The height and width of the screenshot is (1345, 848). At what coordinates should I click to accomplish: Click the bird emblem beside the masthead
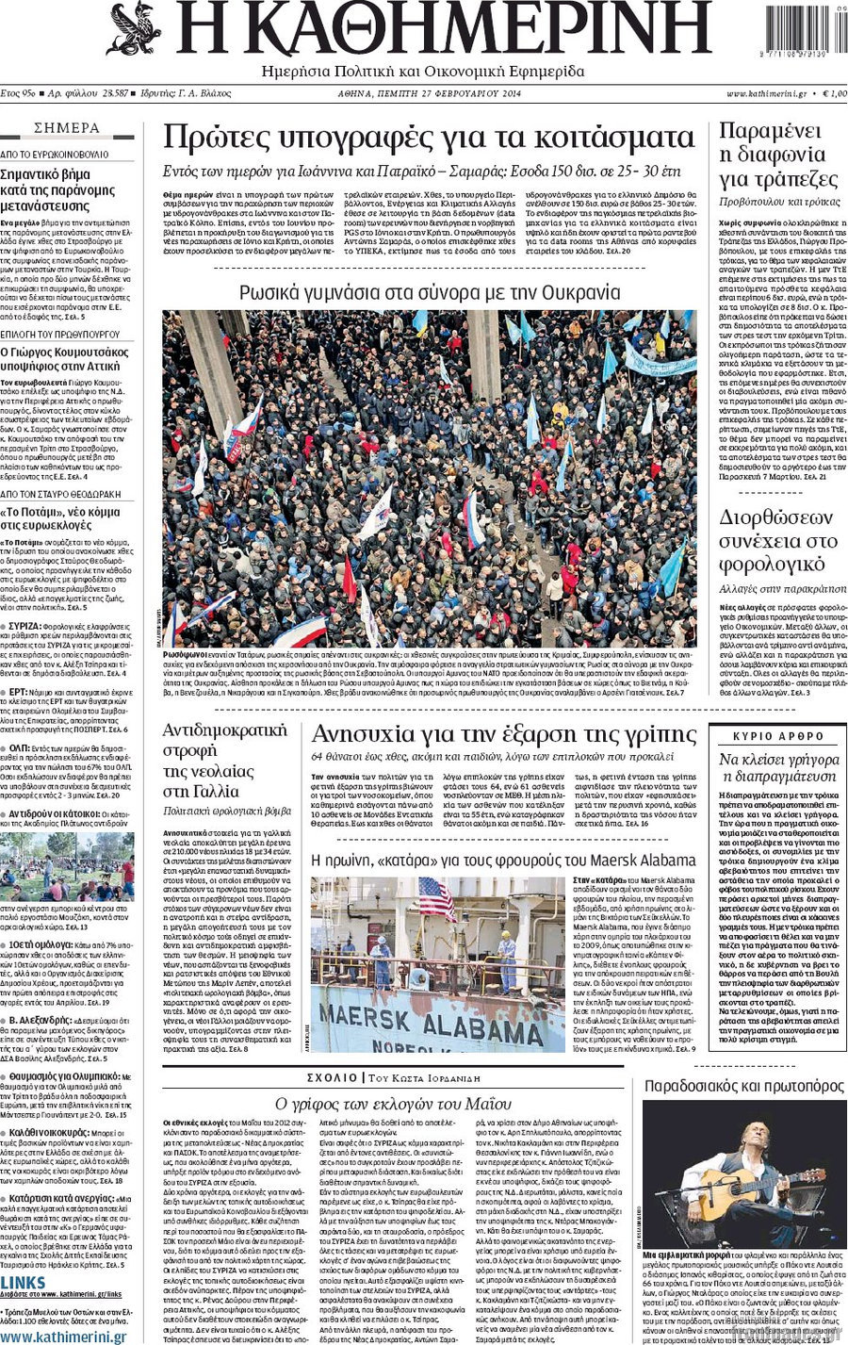click(134, 29)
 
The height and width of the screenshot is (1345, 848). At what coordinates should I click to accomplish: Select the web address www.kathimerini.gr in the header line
click(766, 94)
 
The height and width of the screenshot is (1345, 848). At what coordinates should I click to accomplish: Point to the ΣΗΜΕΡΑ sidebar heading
click(67, 128)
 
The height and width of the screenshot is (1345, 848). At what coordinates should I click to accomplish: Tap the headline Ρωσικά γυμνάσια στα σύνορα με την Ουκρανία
click(430, 292)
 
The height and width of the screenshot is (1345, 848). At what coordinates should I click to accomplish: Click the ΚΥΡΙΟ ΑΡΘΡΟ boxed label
click(778, 736)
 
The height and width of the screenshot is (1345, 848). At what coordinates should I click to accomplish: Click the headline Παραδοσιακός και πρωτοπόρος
click(743, 1086)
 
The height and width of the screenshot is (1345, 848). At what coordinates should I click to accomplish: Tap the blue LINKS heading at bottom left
click(24, 1283)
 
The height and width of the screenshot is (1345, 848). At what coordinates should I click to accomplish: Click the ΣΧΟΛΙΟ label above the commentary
click(332, 1077)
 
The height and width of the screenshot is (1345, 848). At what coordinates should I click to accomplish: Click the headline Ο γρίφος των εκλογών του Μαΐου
click(393, 1104)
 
